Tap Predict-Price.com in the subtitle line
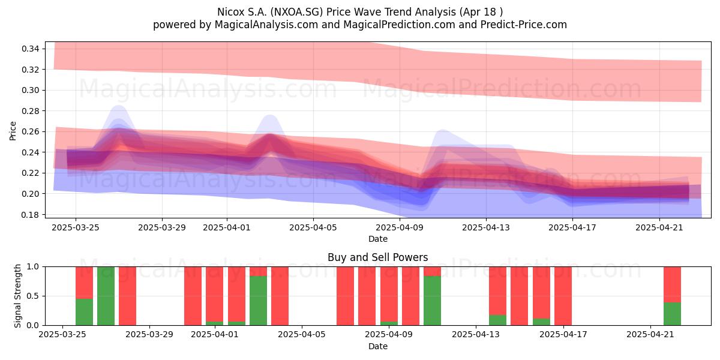524,25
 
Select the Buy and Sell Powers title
377,257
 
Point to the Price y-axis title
13,131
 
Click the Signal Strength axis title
17,296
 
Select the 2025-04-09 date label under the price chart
400,227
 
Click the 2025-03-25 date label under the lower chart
62,335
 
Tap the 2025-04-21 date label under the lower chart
650,335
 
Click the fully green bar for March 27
106,296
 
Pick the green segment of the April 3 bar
258,301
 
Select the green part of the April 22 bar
672,314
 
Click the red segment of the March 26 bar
84,283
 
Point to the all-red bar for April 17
563,296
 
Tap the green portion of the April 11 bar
433,301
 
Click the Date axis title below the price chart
377,239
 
